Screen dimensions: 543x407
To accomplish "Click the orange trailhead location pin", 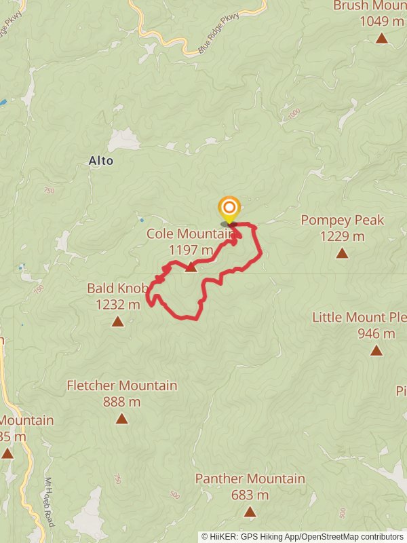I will pyautogui.click(x=229, y=208).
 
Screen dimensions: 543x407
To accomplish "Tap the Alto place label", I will pyautogui.click(x=101, y=161).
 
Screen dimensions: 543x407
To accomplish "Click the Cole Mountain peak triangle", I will pyautogui.click(x=191, y=267).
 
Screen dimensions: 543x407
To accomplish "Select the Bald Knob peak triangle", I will pyautogui.click(x=118, y=321).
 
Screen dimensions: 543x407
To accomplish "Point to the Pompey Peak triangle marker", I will pyautogui.click(x=342, y=253).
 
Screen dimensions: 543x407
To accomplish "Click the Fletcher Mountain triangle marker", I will pyautogui.click(x=121, y=418).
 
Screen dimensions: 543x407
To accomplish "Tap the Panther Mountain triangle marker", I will pyautogui.click(x=250, y=512).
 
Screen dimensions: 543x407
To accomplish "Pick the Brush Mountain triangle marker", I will pyautogui.click(x=382, y=38).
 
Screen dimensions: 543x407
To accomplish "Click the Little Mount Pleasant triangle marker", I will pyautogui.click(x=376, y=350).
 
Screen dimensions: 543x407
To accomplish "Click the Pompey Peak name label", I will pyautogui.click(x=342, y=220).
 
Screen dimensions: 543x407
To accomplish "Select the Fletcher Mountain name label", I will pyautogui.click(x=122, y=386).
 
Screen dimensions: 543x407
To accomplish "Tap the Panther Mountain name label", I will pyautogui.click(x=250, y=479).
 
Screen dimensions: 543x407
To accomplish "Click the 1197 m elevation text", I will pyautogui.click(x=191, y=250).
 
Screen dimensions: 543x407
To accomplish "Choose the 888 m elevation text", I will pyautogui.click(x=122, y=402).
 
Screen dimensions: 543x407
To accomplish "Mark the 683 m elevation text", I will pyautogui.click(x=250, y=495).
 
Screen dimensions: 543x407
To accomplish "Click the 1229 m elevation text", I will pyautogui.click(x=342, y=236).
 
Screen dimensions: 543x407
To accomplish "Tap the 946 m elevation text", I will pyautogui.click(x=376, y=333).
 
